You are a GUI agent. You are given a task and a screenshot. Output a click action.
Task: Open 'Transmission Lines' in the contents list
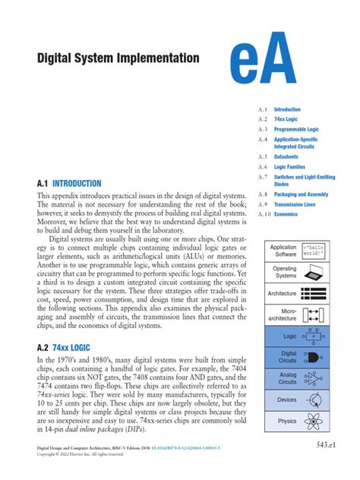pyautogui.click(x=298, y=204)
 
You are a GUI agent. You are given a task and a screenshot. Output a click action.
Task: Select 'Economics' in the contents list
pyautogui.click(x=286, y=214)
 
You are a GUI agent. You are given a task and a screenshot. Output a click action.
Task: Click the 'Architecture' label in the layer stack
pyautogui.click(x=282, y=293)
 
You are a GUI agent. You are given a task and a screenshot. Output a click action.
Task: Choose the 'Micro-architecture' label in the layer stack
pyautogui.click(x=282, y=314)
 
